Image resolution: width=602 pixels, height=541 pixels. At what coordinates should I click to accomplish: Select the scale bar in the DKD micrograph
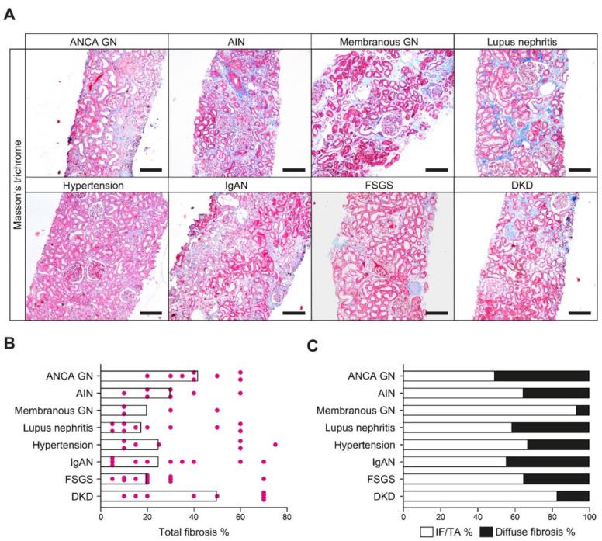580,314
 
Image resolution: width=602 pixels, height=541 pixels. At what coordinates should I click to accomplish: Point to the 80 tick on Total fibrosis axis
287,515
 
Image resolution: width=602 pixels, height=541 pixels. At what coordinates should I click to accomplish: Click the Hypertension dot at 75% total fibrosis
275,445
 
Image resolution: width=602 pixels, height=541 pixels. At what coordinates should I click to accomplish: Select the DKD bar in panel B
158,495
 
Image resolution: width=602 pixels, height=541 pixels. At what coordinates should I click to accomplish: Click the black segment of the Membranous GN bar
583,410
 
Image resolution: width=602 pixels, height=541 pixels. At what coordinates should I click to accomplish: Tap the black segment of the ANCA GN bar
541,376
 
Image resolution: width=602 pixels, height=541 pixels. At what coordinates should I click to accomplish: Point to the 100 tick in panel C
589,515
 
